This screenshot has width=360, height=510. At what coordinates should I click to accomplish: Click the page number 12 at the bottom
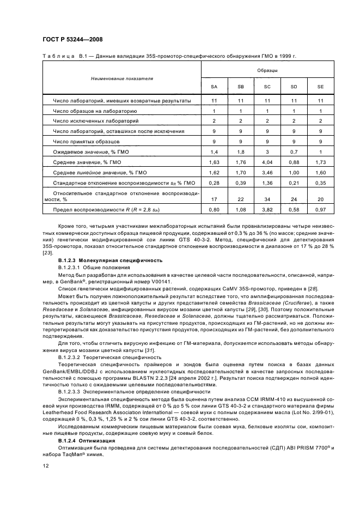45,465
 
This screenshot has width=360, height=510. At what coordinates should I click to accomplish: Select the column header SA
214,87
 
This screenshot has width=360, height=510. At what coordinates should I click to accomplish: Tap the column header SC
267,87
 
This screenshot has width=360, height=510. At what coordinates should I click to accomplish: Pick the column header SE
320,87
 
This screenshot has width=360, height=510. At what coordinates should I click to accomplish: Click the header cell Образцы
267,70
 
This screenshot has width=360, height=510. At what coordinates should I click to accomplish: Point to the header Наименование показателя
121,78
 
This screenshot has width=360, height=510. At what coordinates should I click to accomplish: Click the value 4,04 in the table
267,162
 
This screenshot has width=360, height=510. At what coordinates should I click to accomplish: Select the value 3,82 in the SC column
267,210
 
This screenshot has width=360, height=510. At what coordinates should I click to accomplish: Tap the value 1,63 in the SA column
214,162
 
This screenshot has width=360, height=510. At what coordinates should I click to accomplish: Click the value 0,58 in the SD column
294,210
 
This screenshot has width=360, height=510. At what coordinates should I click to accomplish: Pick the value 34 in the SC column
267,198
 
